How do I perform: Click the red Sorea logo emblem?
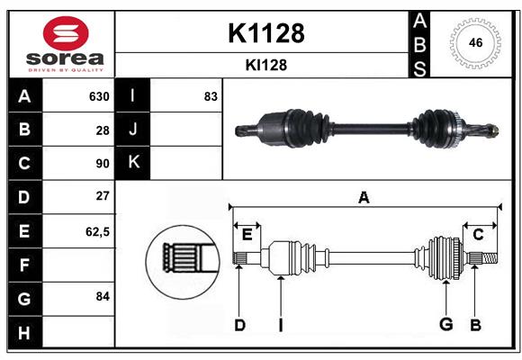[x=66, y=33]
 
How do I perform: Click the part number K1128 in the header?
[x=266, y=33]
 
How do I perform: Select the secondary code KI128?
[x=266, y=65]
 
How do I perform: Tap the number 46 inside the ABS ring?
[x=475, y=42]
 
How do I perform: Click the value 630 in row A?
[x=99, y=96]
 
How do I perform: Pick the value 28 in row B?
[x=103, y=130]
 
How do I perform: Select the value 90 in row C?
[x=103, y=164]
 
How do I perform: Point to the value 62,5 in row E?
[x=97, y=231]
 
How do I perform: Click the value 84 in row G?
[x=103, y=296]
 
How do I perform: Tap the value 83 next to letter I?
[x=211, y=96]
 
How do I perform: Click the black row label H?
[x=25, y=333]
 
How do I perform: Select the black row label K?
[x=132, y=163]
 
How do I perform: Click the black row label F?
[x=25, y=265]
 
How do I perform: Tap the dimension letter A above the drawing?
[x=364, y=198]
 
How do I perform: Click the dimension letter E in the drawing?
[x=247, y=235]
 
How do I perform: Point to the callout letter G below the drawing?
[x=446, y=324]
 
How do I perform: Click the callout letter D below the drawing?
[x=239, y=326]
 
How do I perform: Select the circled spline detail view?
[x=183, y=262]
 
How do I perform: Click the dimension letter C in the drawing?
[x=478, y=235]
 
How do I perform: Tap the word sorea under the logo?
[x=65, y=58]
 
